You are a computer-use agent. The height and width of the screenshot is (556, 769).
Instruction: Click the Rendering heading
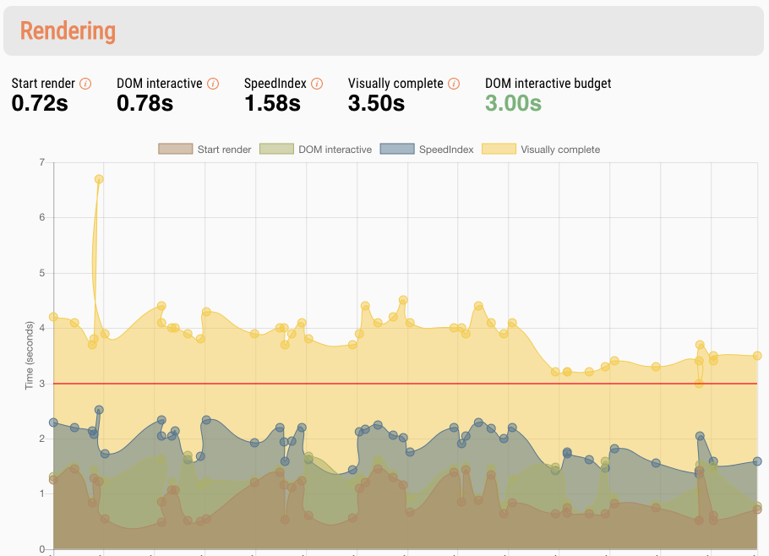pyautogui.click(x=68, y=31)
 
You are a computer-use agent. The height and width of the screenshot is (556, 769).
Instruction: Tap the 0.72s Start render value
pyautogui.click(x=40, y=103)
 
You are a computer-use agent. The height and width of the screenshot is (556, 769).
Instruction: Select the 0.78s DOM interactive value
pyautogui.click(x=145, y=103)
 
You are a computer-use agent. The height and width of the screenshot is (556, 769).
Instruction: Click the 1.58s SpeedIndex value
pyautogui.click(x=272, y=103)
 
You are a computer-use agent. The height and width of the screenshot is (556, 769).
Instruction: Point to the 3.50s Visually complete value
pyautogui.click(x=376, y=103)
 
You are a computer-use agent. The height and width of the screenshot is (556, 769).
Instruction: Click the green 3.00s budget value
pyautogui.click(x=513, y=103)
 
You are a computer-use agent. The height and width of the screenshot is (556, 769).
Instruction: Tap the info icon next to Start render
pyautogui.click(x=85, y=84)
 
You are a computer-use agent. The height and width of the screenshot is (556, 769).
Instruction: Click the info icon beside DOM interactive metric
pyautogui.click(x=213, y=84)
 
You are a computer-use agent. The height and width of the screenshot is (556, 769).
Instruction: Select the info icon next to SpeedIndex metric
pyautogui.click(x=316, y=84)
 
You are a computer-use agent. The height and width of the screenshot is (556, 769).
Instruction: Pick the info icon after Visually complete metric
pyautogui.click(x=454, y=84)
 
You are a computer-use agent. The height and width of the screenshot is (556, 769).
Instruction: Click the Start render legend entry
pyautogui.click(x=205, y=150)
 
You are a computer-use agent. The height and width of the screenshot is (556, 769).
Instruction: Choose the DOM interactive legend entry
pyautogui.click(x=316, y=150)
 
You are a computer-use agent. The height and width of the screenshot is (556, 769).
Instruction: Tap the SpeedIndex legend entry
pyautogui.click(x=428, y=150)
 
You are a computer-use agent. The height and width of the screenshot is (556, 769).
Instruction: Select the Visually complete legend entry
pyautogui.click(x=541, y=150)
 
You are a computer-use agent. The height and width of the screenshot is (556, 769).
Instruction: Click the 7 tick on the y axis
pyautogui.click(x=41, y=161)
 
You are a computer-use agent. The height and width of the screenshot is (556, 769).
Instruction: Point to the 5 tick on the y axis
pyautogui.click(x=41, y=273)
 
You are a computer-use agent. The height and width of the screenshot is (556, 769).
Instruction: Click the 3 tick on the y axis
pyautogui.click(x=41, y=384)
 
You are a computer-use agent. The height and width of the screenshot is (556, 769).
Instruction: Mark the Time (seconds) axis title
pyautogui.click(x=30, y=356)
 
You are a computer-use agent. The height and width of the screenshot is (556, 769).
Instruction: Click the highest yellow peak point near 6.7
pyautogui.click(x=99, y=179)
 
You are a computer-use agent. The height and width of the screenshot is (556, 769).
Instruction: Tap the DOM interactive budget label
pyautogui.click(x=548, y=84)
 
